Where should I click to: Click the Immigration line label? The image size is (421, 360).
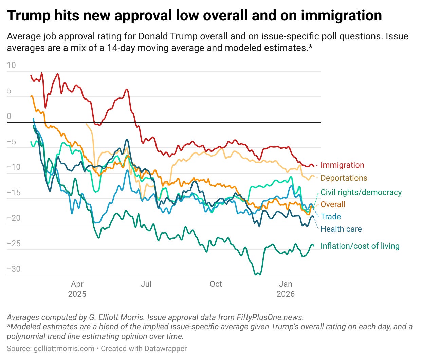(342, 165)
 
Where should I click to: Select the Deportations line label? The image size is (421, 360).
(344, 178)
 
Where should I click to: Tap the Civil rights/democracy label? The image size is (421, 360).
(361, 192)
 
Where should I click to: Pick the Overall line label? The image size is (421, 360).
(333, 204)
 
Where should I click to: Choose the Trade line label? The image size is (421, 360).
(330, 217)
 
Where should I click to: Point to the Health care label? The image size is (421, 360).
(341, 229)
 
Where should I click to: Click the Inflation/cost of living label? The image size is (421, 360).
(360, 246)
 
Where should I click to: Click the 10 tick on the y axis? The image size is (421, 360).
(11, 65)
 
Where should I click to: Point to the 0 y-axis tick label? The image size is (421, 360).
(9, 116)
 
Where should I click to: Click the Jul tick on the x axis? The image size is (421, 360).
(146, 284)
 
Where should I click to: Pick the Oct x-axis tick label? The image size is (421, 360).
(216, 284)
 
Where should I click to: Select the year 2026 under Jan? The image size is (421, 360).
(286, 294)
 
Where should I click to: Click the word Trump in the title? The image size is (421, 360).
(26, 16)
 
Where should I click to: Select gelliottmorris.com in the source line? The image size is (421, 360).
(64, 349)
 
